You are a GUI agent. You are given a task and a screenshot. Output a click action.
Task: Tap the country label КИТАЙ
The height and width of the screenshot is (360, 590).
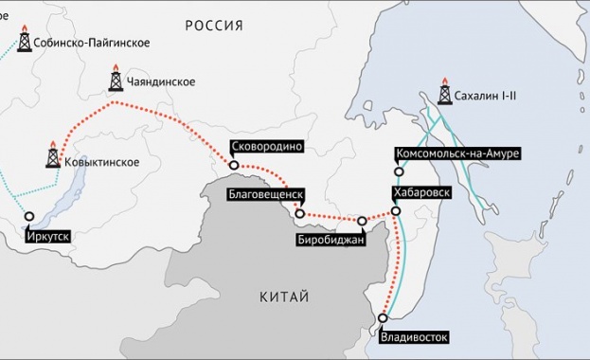point(284,297)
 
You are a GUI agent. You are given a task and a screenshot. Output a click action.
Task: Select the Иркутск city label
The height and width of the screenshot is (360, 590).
point(48,234)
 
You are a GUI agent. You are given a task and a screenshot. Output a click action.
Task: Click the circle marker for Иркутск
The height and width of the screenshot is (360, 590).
point(29,216)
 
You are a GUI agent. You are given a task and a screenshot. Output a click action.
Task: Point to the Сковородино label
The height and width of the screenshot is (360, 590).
point(265,147)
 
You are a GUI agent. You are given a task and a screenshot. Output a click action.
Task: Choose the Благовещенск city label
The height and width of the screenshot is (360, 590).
point(265,194)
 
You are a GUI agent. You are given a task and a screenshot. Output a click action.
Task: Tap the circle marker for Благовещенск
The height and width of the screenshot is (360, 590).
point(299,214)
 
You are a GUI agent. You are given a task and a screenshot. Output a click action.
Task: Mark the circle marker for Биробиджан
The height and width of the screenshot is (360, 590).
point(362,221)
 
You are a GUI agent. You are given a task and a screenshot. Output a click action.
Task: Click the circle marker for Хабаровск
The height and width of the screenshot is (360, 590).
point(396,210)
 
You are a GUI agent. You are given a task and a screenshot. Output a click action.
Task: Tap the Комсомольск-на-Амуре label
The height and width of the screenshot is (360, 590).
point(456,153)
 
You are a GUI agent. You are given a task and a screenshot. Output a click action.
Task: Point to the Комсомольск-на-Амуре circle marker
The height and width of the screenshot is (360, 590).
point(397,171)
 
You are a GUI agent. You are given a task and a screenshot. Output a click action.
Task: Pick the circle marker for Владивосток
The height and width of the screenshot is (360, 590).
point(383,318)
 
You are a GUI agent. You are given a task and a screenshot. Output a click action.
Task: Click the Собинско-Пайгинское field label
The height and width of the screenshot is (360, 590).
point(90,44)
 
